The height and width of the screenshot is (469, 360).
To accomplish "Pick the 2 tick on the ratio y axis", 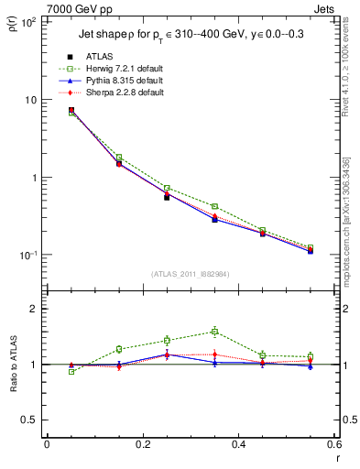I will pyautogui.click(x=32, y=309).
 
